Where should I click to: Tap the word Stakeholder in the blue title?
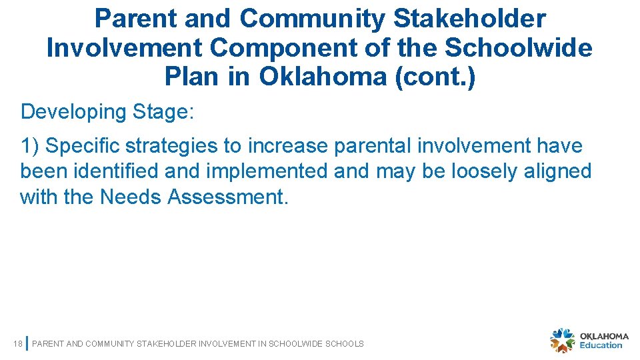pos(469,19)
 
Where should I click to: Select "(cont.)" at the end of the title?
pos(435,77)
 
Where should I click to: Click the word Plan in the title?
pos(193,77)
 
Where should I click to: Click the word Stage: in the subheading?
pos(163,111)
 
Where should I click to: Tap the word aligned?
pos(559,171)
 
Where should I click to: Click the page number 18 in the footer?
pos(18,344)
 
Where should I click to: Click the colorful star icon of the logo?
pos(562,341)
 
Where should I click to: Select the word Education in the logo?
pos(601,345)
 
